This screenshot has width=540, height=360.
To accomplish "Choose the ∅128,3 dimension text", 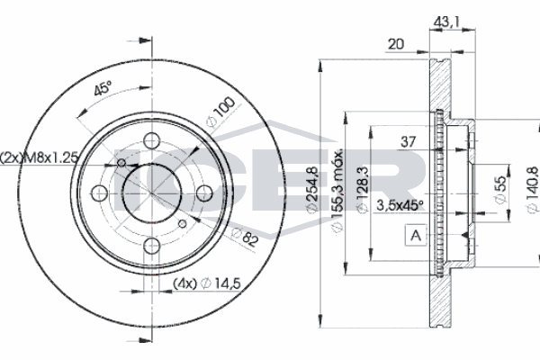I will click(361, 191).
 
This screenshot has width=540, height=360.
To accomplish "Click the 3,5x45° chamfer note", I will click(400, 205).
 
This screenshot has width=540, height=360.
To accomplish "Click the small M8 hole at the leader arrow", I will click(120, 163).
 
